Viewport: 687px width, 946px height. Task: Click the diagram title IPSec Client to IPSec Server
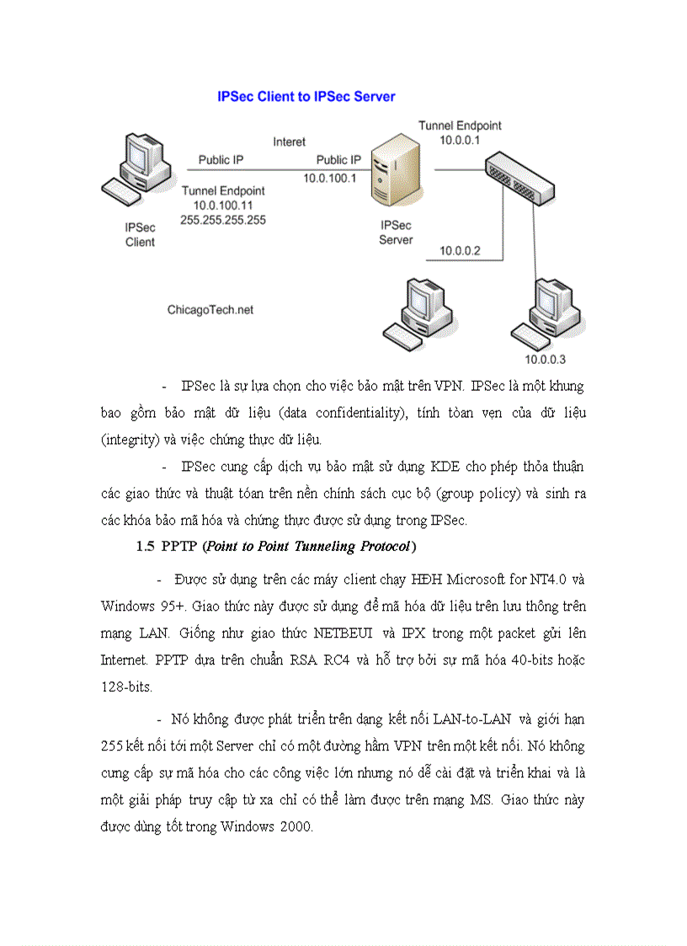coord(306,97)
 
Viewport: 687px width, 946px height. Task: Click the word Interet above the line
coord(289,142)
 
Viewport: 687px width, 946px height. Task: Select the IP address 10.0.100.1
coord(330,178)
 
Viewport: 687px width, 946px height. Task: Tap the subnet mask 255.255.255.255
coord(223,219)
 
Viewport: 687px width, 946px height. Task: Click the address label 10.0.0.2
coord(459,250)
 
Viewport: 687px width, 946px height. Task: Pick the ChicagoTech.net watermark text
coord(210,310)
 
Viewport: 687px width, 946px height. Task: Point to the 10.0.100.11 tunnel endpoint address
coord(223,205)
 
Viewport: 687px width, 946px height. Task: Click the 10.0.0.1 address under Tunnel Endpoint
coord(460,140)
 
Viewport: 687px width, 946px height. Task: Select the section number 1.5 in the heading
coord(145,547)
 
